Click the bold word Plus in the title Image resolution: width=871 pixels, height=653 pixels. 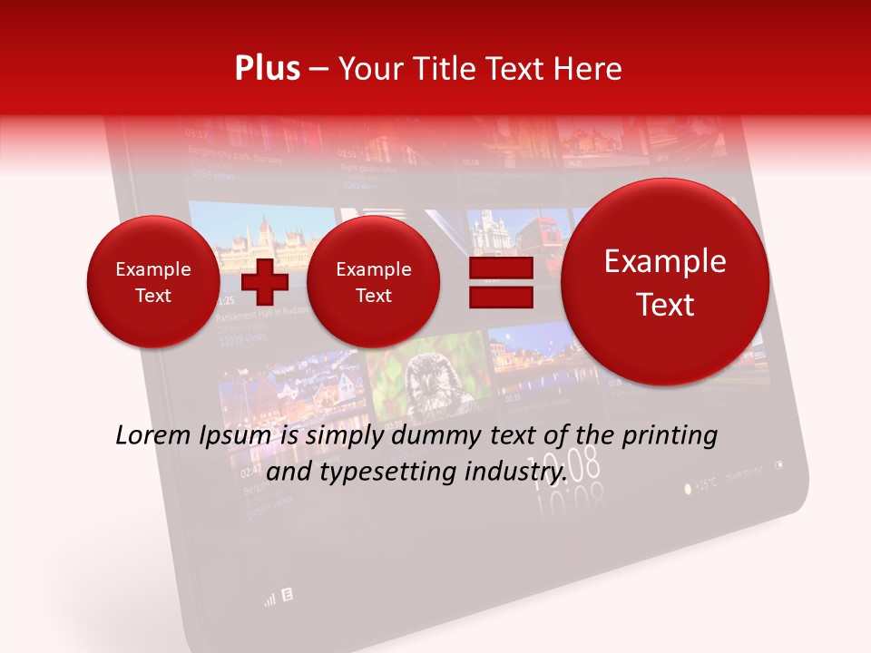(x=267, y=69)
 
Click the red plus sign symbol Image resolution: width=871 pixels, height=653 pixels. (x=265, y=282)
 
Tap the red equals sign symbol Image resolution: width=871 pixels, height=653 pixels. (x=500, y=283)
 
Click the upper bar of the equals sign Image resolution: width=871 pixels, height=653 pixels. (x=500, y=270)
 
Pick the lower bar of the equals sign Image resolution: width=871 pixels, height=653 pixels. (x=500, y=297)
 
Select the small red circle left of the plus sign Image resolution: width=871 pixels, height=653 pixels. (x=152, y=282)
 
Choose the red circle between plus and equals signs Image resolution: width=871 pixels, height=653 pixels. (x=373, y=282)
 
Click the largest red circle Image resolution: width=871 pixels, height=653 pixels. (x=665, y=282)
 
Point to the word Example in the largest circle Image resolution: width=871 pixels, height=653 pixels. (x=665, y=261)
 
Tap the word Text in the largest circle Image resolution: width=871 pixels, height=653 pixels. (x=665, y=305)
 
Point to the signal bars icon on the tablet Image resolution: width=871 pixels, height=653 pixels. (x=269, y=599)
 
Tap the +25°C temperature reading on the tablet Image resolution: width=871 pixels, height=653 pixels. (x=706, y=486)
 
